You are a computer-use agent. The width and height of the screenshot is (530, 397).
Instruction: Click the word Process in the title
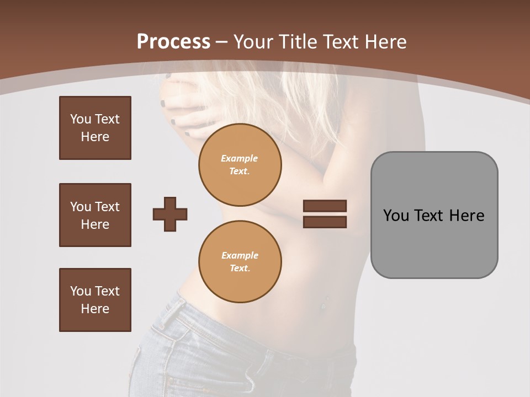[173, 42]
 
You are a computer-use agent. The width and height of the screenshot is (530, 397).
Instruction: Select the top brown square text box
[95, 128]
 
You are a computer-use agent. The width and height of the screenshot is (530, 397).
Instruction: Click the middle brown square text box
[95, 215]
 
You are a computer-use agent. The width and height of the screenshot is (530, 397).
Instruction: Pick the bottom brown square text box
[95, 300]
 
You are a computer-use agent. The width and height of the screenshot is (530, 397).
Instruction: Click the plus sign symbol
[170, 214]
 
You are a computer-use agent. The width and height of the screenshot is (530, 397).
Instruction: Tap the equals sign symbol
[325, 214]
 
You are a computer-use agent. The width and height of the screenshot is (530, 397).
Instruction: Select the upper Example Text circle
[240, 164]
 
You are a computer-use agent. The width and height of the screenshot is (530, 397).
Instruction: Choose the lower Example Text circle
[240, 261]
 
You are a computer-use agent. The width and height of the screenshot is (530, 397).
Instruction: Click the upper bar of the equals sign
[325, 206]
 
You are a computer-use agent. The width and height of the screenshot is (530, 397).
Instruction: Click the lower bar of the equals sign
[325, 222]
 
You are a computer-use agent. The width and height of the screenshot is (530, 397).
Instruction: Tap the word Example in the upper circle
[240, 158]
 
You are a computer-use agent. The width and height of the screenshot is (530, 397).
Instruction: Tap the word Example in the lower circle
[240, 255]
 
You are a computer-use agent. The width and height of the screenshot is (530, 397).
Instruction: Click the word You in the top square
[81, 119]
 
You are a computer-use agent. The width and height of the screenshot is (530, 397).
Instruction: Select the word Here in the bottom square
[95, 309]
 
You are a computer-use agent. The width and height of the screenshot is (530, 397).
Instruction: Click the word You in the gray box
[396, 216]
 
